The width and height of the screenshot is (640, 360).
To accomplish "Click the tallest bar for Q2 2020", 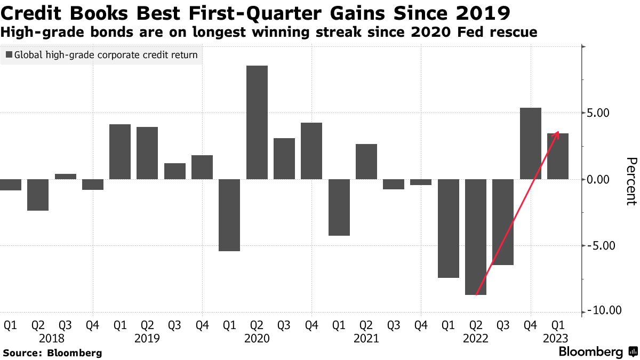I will [x=257, y=122].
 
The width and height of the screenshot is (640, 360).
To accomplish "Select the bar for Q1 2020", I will [x=229, y=215].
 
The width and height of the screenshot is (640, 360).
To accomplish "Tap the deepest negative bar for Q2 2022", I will [x=476, y=237].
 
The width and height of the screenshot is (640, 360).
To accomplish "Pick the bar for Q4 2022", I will [x=530, y=143].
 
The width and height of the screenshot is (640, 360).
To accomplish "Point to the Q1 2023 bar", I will [x=558, y=156].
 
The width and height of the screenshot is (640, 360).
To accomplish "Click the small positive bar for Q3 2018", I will [x=66, y=177].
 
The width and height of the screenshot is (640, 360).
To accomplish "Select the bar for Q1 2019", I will [x=120, y=151].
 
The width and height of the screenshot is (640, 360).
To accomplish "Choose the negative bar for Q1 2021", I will [x=339, y=207].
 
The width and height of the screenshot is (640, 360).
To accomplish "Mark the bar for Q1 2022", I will [x=449, y=228].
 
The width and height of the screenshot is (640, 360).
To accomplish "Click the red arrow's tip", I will [x=558, y=132].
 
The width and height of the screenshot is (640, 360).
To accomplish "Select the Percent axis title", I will [x=631, y=181].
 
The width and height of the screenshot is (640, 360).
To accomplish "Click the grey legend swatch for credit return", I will [x=9, y=55].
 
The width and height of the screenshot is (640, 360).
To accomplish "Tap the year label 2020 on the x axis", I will [x=257, y=339].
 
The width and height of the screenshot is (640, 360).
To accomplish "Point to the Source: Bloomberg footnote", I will [x=52, y=353].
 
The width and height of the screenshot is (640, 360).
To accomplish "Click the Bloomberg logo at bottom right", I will [x=597, y=352].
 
